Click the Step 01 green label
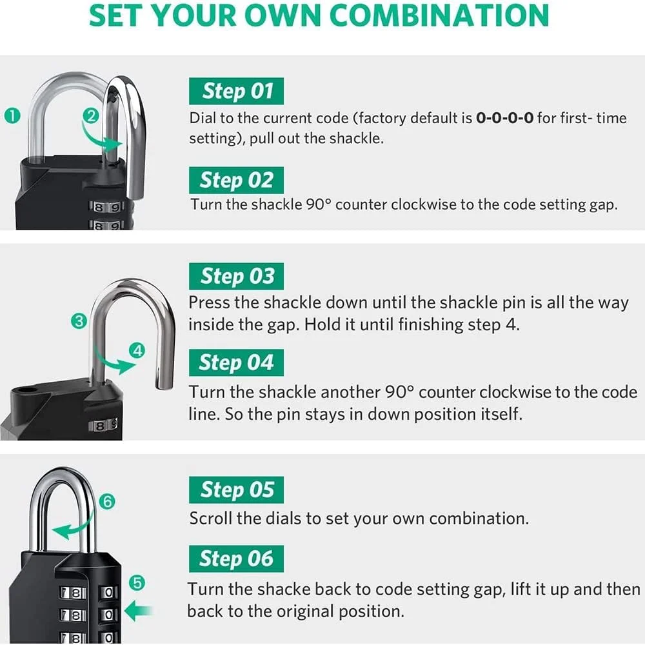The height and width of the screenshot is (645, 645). click(237, 91)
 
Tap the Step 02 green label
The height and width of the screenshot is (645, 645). click(237, 180)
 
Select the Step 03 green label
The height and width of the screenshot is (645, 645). click(237, 277)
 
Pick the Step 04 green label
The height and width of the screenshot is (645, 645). click(237, 362)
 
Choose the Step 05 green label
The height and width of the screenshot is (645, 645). click(237, 490)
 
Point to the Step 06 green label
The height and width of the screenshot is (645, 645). click(237, 559)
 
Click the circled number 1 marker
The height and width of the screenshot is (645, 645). click(12, 116)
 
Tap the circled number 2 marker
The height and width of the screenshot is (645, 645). click(92, 116)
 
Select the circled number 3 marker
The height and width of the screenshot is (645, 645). click(79, 321)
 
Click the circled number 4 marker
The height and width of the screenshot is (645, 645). click(137, 351)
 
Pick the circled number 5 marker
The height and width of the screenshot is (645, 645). click(137, 583)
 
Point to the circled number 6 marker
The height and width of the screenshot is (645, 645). click(108, 501)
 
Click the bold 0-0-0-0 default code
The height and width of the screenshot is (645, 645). click(504, 119)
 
